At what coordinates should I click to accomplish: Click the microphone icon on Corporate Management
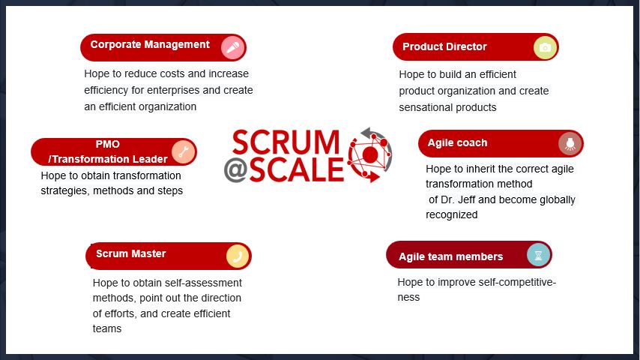[x=233, y=48]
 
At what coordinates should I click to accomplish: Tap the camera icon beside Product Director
[x=545, y=48]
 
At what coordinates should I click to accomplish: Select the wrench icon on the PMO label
[x=184, y=152]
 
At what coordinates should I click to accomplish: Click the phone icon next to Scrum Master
[x=238, y=256]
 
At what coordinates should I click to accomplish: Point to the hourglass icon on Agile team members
[x=538, y=255]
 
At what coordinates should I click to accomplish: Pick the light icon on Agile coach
[x=570, y=143]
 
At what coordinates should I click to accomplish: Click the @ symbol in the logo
[x=235, y=170]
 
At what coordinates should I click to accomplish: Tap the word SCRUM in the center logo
[x=286, y=142]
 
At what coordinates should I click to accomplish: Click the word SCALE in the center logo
[x=297, y=170]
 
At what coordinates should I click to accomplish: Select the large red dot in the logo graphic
[x=370, y=154]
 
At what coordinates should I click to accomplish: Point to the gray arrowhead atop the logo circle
[x=366, y=133]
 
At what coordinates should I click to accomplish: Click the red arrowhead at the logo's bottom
[x=373, y=176]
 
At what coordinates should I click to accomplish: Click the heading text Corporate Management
[x=150, y=44]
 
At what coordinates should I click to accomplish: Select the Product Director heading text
[x=444, y=46]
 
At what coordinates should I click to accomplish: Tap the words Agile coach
[x=457, y=143]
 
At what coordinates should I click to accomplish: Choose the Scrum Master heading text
[x=130, y=253]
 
